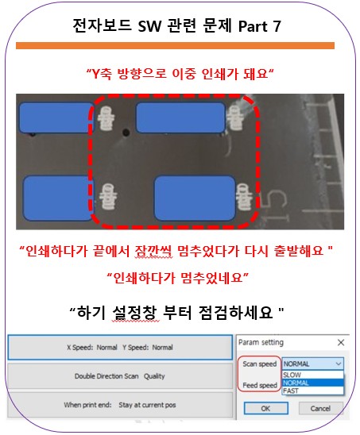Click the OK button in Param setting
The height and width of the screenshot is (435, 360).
266,408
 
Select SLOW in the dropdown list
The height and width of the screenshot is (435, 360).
292,375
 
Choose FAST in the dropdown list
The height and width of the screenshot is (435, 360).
291,391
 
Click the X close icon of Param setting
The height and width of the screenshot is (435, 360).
341,343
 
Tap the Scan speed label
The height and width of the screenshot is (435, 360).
259,364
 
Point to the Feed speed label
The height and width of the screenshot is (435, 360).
260,385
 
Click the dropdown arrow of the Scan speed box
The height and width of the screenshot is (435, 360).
339,364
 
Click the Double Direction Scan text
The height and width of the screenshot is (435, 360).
106,376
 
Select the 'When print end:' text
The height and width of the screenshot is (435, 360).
87,405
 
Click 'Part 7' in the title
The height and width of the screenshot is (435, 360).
259,26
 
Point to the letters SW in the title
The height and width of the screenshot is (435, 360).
149,26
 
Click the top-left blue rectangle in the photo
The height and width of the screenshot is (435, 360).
56,117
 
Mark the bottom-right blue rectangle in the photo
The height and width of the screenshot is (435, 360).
195,198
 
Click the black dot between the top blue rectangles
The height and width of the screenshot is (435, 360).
126,133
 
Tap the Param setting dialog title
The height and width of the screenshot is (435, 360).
261,342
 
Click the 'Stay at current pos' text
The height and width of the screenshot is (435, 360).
147,405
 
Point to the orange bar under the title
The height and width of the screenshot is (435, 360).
175,46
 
